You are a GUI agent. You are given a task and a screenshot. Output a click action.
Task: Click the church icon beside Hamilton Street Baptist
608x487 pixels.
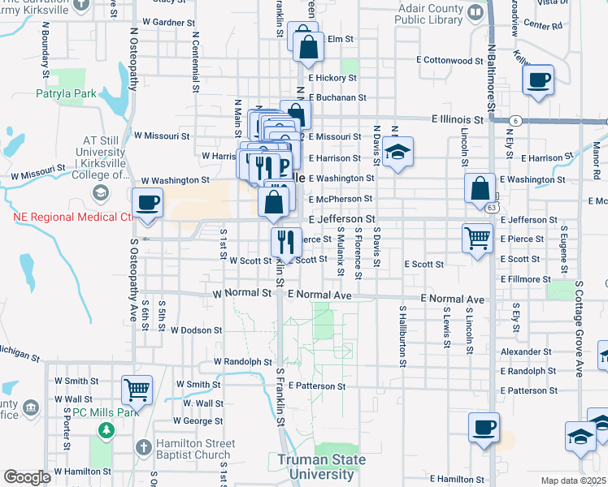pyautogui.click(x=143, y=447)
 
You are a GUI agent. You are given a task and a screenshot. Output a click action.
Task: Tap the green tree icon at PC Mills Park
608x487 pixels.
pyautogui.click(x=104, y=430)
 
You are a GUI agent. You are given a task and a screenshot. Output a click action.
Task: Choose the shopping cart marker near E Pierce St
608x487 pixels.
pyautogui.click(x=477, y=239)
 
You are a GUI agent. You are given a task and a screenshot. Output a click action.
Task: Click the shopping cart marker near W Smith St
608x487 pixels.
pyautogui.click(x=137, y=389)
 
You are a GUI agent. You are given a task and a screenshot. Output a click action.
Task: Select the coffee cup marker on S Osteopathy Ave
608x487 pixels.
pyautogui.click(x=147, y=202)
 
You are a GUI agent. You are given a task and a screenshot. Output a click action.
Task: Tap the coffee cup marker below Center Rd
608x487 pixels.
pyautogui.click(x=538, y=80)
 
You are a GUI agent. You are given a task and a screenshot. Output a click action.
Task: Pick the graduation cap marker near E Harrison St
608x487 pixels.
pyautogui.click(x=397, y=151)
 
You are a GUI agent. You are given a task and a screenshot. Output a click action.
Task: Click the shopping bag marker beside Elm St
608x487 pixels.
pyautogui.click(x=308, y=49)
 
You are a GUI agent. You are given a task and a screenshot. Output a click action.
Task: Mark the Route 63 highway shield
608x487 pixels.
pyautogui.click(x=493, y=208)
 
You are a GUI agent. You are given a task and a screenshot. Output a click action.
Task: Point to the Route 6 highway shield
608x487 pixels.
pyautogui.click(x=516, y=121)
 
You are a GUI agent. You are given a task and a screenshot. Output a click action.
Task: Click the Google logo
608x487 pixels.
pyautogui.click(x=28, y=477)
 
